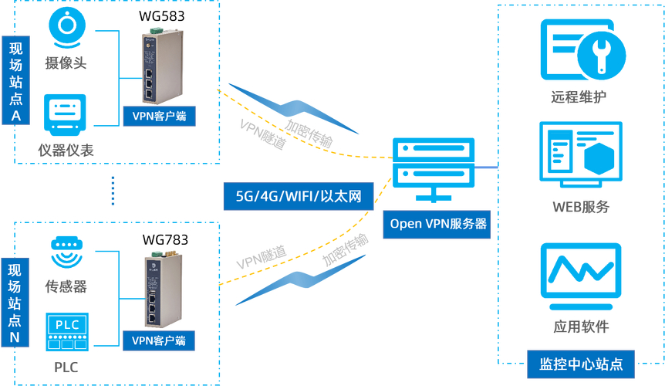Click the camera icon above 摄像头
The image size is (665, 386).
[x=67, y=28]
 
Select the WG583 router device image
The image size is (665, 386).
[x=162, y=66]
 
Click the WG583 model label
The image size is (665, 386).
[x=161, y=16]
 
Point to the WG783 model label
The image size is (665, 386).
[x=165, y=239]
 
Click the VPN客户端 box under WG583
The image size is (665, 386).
[x=160, y=117]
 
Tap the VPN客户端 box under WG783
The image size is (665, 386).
[x=159, y=340]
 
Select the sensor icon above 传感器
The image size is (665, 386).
[x=66, y=252]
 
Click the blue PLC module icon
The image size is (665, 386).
[x=67, y=332]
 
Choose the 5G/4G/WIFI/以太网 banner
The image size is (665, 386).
[x=299, y=196]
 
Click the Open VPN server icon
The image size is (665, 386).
[x=434, y=170]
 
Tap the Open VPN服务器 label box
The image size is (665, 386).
[x=437, y=224]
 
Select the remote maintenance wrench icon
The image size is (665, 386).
[x=583, y=49]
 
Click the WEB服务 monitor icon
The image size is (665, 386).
[x=581, y=154]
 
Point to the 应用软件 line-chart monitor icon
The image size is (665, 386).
[x=581, y=276]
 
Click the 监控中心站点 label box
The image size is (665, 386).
[x=581, y=364]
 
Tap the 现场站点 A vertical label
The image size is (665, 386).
[x=15, y=80]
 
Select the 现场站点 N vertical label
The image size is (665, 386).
[x=15, y=303]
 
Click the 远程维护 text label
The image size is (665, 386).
[x=579, y=97]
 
